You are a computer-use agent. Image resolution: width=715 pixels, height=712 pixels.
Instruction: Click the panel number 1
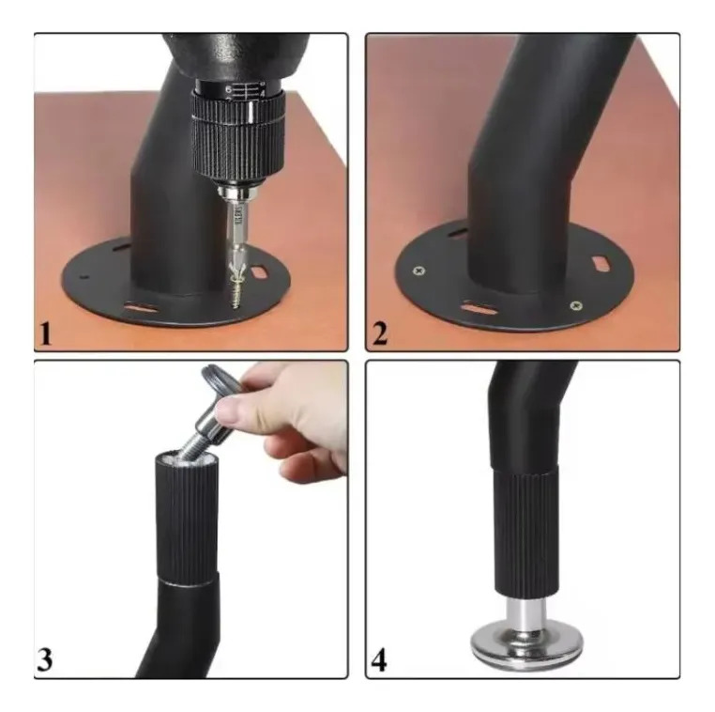click(x=46, y=334)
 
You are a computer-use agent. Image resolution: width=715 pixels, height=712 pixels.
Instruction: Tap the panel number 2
click(x=379, y=334)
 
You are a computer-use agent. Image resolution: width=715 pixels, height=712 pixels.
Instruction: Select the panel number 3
click(x=45, y=659)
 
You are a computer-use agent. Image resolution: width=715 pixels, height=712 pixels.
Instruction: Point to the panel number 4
click(x=379, y=660)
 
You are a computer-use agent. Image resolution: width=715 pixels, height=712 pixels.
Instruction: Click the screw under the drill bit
click(x=236, y=292)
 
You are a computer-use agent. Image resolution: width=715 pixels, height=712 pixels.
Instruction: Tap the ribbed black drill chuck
click(x=238, y=136)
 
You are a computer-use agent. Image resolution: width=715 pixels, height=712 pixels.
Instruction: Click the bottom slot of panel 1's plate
click(x=141, y=307)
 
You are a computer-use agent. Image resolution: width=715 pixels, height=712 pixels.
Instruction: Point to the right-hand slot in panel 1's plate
click(x=259, y=271)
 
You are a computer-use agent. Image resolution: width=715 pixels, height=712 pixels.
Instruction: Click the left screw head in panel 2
click(x=418, y=271)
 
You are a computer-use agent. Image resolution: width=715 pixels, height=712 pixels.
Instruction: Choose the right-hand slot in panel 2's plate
click(x=601, y=264)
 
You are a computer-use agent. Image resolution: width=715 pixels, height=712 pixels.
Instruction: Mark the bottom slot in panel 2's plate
click(x=479, y=307)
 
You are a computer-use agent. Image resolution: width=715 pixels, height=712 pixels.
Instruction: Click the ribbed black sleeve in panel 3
click(x=186, y=519)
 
